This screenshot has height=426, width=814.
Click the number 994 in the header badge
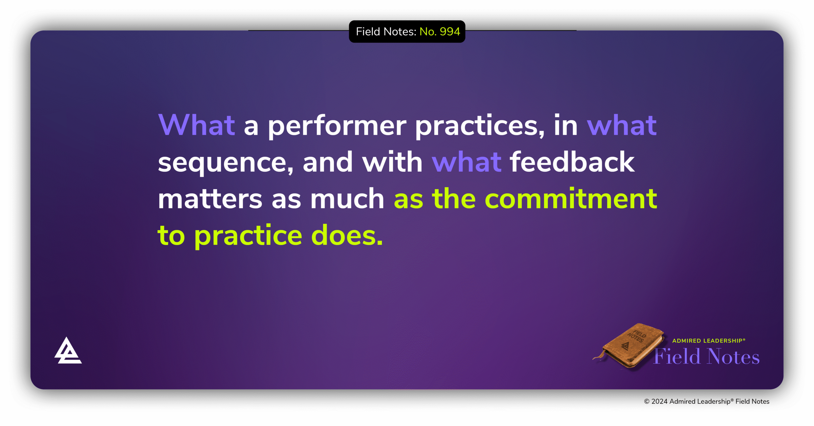tap(450, 31)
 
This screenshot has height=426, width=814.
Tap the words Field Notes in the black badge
tap(385, 31)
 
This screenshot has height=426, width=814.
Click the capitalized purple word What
tap(197, 125)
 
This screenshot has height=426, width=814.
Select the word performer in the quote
tap(337, 126)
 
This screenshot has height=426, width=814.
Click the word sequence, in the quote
tap(225, 163)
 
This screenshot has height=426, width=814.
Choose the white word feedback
tap(572, 162)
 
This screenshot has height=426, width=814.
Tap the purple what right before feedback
tap(466, 162)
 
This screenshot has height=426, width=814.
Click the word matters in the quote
tap(210, 199)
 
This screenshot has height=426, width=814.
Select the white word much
tap(347, 199)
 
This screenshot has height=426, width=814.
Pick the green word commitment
tap(571, 199)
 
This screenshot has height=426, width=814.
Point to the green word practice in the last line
tap(248, 236)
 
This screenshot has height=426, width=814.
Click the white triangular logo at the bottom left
tap(68, 351)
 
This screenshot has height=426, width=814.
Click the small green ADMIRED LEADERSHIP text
tap(708, 341)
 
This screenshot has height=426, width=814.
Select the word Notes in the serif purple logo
tap(733, 356)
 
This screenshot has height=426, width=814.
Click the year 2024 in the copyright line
tap(659, 402)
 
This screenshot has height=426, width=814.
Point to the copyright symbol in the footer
tap(646, 402)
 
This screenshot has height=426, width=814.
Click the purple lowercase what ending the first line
tap(621, 125)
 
